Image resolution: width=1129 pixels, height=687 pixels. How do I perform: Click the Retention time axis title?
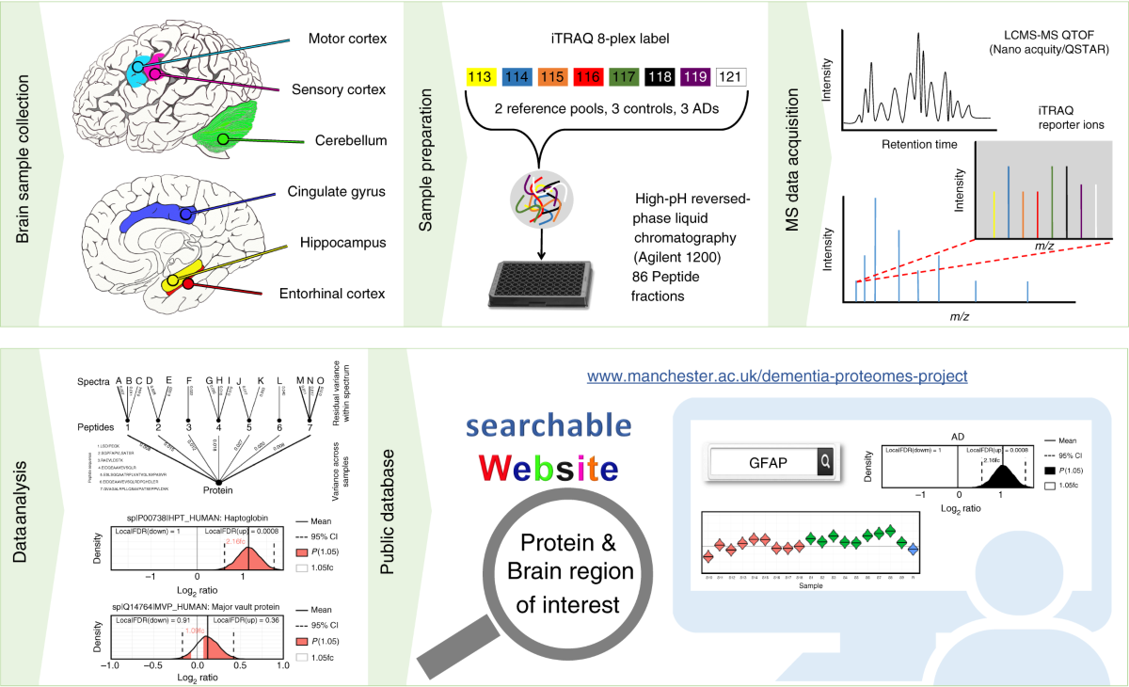tap(921, 145)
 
